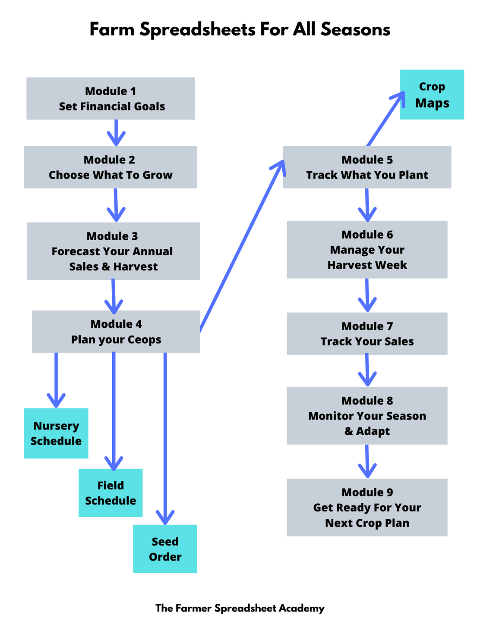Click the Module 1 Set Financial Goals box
[111, 98]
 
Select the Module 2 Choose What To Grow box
[111, 167]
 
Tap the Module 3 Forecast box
[114, 251]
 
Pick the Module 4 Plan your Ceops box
[116, 331]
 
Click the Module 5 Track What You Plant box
[367, 167]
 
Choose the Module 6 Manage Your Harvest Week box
[367, 250]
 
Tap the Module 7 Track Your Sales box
[367, 333]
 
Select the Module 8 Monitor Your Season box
[367, 416]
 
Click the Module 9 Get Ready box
[367, 507]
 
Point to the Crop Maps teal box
[432, 94]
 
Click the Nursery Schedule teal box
[56, 433]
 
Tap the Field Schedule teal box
[111, 492]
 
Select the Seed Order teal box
[165, 549]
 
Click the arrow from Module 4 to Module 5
[242, 246]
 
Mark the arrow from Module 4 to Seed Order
[165, 436]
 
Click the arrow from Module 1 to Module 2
[116, 132]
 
